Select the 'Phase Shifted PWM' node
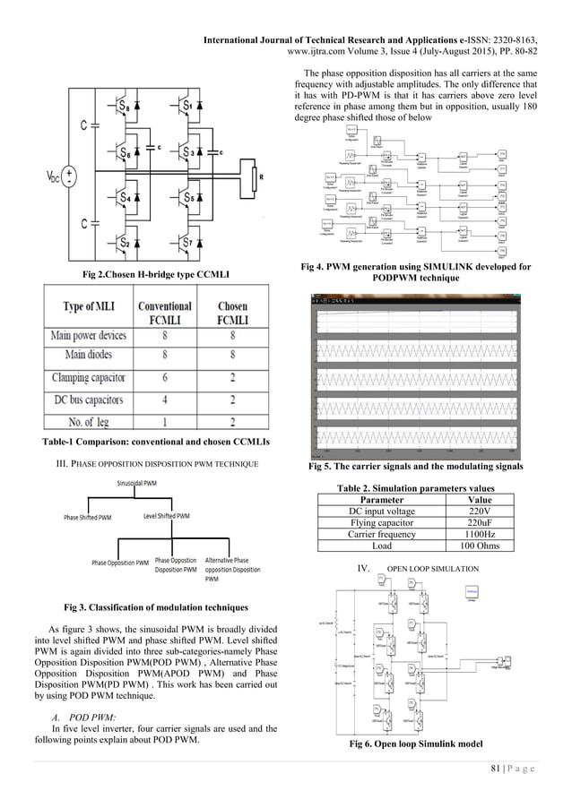tap(87, 517)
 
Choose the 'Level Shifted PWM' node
tap(166, 516)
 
